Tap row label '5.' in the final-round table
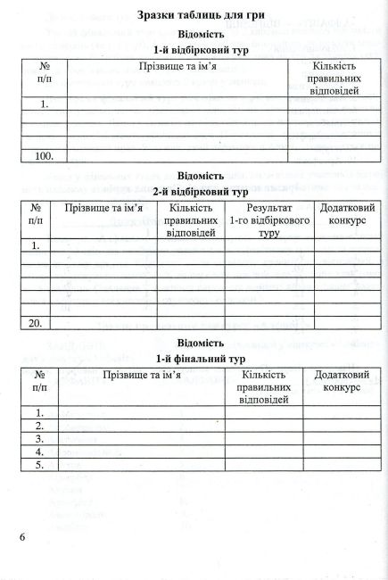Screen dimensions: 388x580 pos(40,465)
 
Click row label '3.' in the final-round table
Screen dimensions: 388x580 pos(40,439)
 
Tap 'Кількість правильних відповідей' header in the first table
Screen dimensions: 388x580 pos(331,79)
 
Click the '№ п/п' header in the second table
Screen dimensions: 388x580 pos(37,213)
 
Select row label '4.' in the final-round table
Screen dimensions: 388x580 pos(40,452)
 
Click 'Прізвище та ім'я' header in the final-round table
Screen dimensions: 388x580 pos(142,376)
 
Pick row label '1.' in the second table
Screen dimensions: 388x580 pos(37,244)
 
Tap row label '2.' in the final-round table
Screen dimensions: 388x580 pos(40,426)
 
